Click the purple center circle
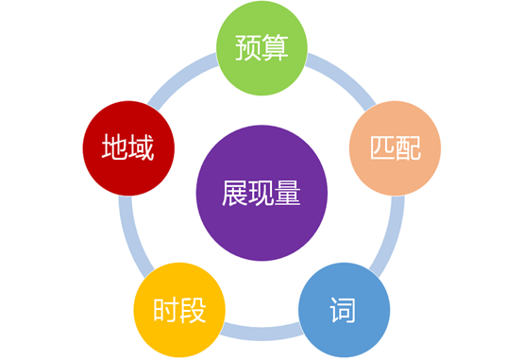click(x=261, y=193)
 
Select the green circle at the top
click(x=261, y=48)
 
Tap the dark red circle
click(x=128, y=148)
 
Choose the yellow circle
click(x=179, y=310)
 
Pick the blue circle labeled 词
click(x=344, y=310)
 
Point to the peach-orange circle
click(x=395, y=148)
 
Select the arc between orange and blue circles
click(x=391, y=238)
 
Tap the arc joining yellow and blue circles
click(x=261, y=334)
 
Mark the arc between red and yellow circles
click(x=133, y=238)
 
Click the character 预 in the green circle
click(x=248, y=48)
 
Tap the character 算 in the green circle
click(x=275, y=48)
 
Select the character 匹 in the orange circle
click(x=382, y=148)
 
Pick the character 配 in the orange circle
click(x=408, y=148)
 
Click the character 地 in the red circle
click(x=115, y=147)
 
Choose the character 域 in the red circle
click(x=142, y=147)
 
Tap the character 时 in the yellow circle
click(x=166, y=310)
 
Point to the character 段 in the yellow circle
click(x=193, y=310)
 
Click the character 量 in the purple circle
click(x=287, y=193)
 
